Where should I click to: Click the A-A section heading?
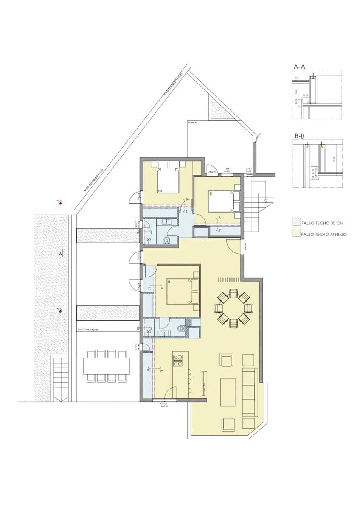point(299,67)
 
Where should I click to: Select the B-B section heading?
point(299,136)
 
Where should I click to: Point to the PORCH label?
point(192,123)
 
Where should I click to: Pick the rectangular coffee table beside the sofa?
point(228,392)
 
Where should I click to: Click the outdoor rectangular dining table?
point(107,366)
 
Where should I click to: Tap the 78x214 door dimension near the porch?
point(212,172)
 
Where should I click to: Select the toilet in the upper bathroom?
point(166,241)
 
